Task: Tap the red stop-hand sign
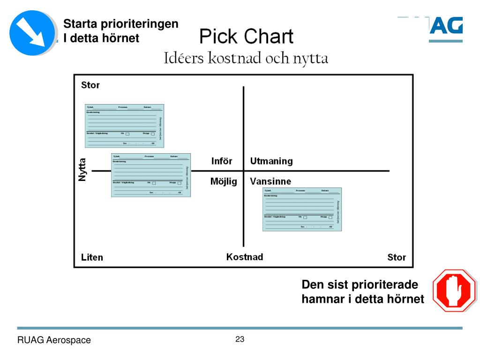click(454, 290)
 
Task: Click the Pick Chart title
click(247, 37)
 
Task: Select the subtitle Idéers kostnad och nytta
click(246, 59)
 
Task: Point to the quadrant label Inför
click(222, 161)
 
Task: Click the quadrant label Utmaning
click(271, 161)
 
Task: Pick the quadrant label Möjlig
click(224, 181)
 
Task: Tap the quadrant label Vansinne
click(270, 181)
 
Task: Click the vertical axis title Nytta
click(82, 169)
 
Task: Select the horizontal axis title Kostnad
click(245, 257)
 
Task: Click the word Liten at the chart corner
click(92, 257)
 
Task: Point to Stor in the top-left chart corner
click(90, 85)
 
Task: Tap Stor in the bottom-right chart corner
click(397, 257)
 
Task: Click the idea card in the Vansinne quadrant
click(302, 209)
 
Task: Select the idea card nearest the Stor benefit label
click(124, 125)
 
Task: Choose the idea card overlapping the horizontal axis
click(150, 175)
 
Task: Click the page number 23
click(240, 339)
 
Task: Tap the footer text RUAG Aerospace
click(54, 340)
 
